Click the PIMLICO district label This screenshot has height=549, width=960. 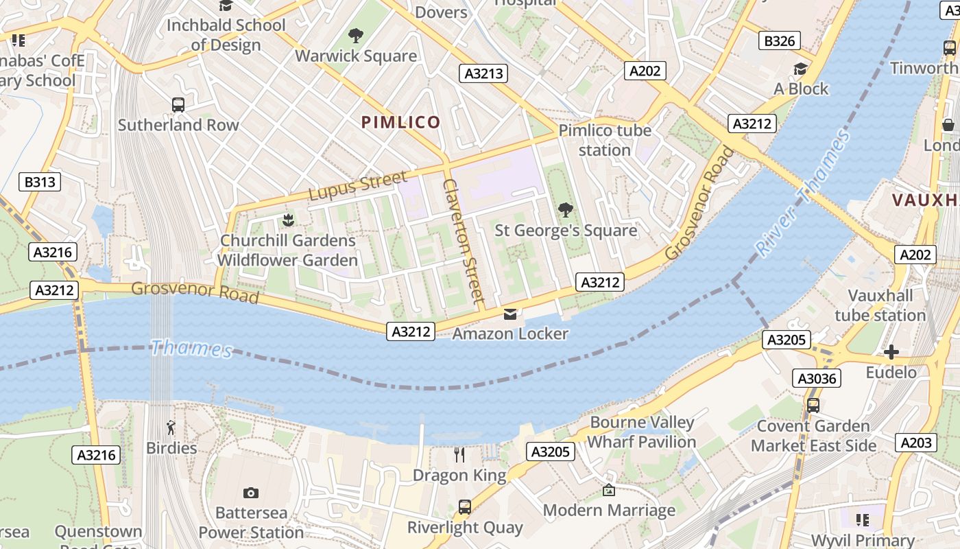400,123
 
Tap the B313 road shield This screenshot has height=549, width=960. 39,182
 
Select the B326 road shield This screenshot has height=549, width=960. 780,41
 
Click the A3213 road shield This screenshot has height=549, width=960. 483,73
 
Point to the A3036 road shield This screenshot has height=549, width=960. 816,378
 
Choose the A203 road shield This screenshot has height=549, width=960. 915,443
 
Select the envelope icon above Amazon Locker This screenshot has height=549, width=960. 510,314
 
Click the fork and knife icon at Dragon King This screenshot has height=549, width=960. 459,454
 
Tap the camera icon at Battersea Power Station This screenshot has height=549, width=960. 250,493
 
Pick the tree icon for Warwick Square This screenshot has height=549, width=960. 355,36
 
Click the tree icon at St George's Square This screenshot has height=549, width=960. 565,210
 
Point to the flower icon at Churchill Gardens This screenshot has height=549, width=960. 287,220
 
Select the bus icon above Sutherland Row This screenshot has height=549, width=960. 178,105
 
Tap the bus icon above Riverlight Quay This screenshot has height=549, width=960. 464,507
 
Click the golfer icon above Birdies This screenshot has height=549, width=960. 171,428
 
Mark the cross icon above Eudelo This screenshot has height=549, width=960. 891,353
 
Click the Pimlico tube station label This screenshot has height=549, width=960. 604,140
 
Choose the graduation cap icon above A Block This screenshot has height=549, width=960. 800,69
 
